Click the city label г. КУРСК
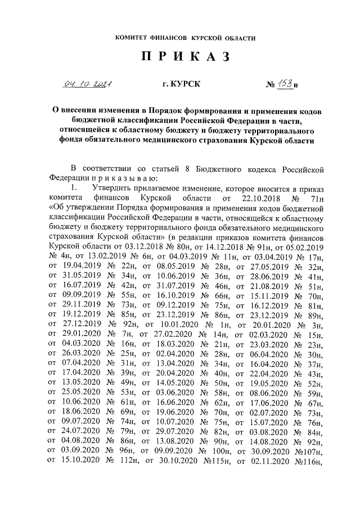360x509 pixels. (181, 84)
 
